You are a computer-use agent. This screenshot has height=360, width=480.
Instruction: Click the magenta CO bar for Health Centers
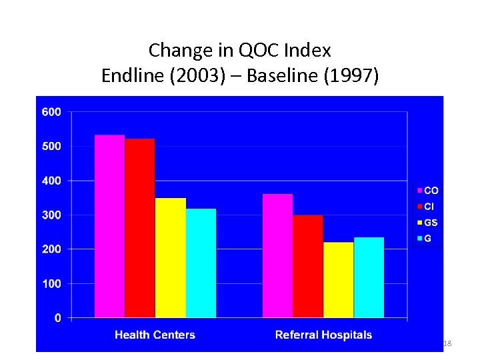(109, 226)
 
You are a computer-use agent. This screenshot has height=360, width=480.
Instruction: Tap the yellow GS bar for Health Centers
(171, 257)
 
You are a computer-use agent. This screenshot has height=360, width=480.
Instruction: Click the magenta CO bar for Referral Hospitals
(277, 255)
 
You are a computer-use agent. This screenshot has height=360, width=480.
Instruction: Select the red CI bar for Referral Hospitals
(308, 266)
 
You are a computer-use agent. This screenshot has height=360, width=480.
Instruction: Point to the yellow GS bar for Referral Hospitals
(339, 279)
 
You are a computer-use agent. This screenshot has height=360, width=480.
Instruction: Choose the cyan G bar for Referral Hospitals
(369, 277)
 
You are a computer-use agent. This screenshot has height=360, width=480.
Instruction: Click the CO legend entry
(428, 191)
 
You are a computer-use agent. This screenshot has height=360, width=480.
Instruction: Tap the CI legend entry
(427, 207)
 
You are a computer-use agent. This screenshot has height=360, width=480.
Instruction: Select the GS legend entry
(428, 223)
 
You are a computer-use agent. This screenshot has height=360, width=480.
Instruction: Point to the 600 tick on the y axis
(51, 112)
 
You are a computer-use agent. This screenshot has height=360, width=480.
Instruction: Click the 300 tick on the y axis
(51, 215)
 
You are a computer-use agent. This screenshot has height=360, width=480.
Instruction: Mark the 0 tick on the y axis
(57, 318)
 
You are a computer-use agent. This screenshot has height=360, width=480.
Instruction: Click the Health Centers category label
(155, 335)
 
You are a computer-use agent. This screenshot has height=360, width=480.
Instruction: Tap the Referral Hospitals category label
(323, 335)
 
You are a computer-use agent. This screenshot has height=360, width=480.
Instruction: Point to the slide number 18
(447, 343)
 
